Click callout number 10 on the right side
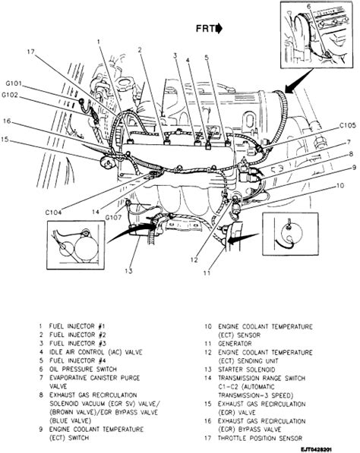click(x=341, y=186)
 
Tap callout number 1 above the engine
click(x=97, y=41)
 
